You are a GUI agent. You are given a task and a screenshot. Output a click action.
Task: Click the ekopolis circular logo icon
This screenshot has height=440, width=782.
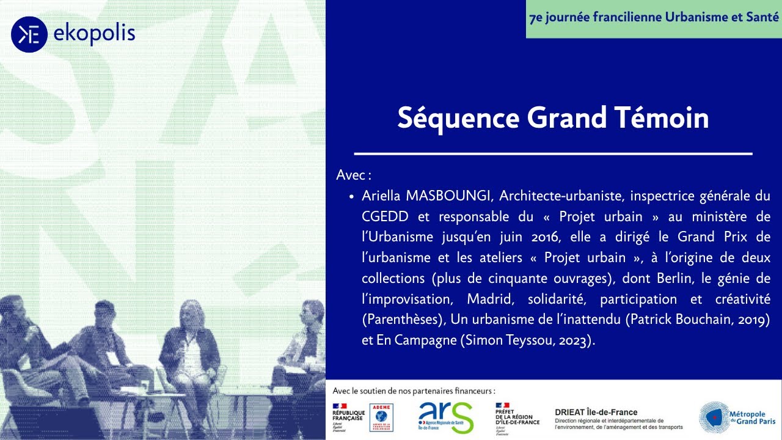pos(29,34)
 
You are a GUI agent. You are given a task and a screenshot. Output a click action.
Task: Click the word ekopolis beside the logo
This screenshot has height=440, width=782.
pos(94,34)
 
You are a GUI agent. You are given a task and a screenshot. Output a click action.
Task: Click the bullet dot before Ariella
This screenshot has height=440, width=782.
pos(352,197)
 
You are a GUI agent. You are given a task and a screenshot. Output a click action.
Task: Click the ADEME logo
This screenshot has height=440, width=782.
pos(382,417)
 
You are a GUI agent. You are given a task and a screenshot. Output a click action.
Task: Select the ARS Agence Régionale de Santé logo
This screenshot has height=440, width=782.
pos(445,417)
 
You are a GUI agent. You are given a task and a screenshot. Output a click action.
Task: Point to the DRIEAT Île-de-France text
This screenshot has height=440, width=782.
pos(596,413)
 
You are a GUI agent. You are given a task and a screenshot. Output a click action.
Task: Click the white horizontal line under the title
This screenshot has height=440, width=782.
pos(553,154)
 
